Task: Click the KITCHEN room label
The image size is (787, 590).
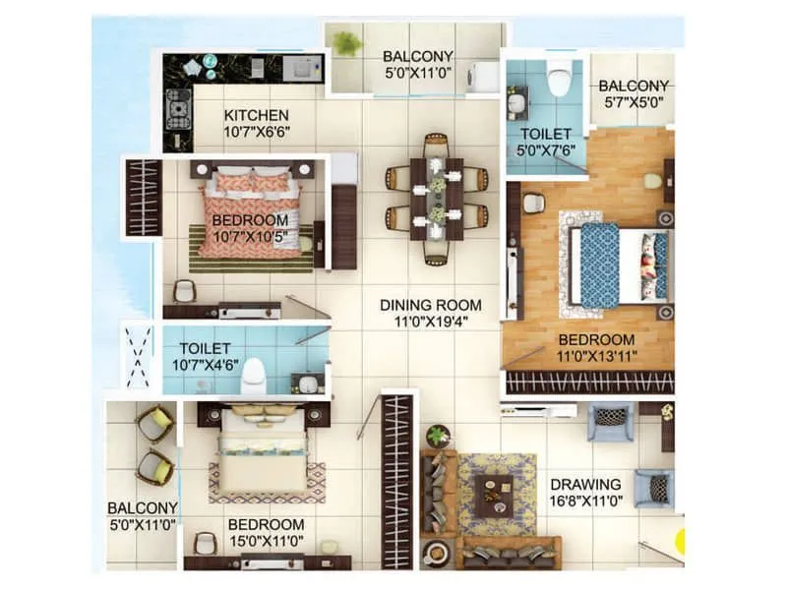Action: (x=256, y=115)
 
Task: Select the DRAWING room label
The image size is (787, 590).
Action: (x=585, y=485)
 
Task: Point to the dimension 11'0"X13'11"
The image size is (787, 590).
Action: (x=596, y=358)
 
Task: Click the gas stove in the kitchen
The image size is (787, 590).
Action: (x=178, y=109)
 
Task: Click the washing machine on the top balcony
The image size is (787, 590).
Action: (x=486, y=76)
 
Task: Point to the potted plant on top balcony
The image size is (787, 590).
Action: (x=346, y=43)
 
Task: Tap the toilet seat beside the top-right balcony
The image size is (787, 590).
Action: (x=559, y=79)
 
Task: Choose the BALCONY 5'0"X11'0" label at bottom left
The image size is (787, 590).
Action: (x=143, y=516)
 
